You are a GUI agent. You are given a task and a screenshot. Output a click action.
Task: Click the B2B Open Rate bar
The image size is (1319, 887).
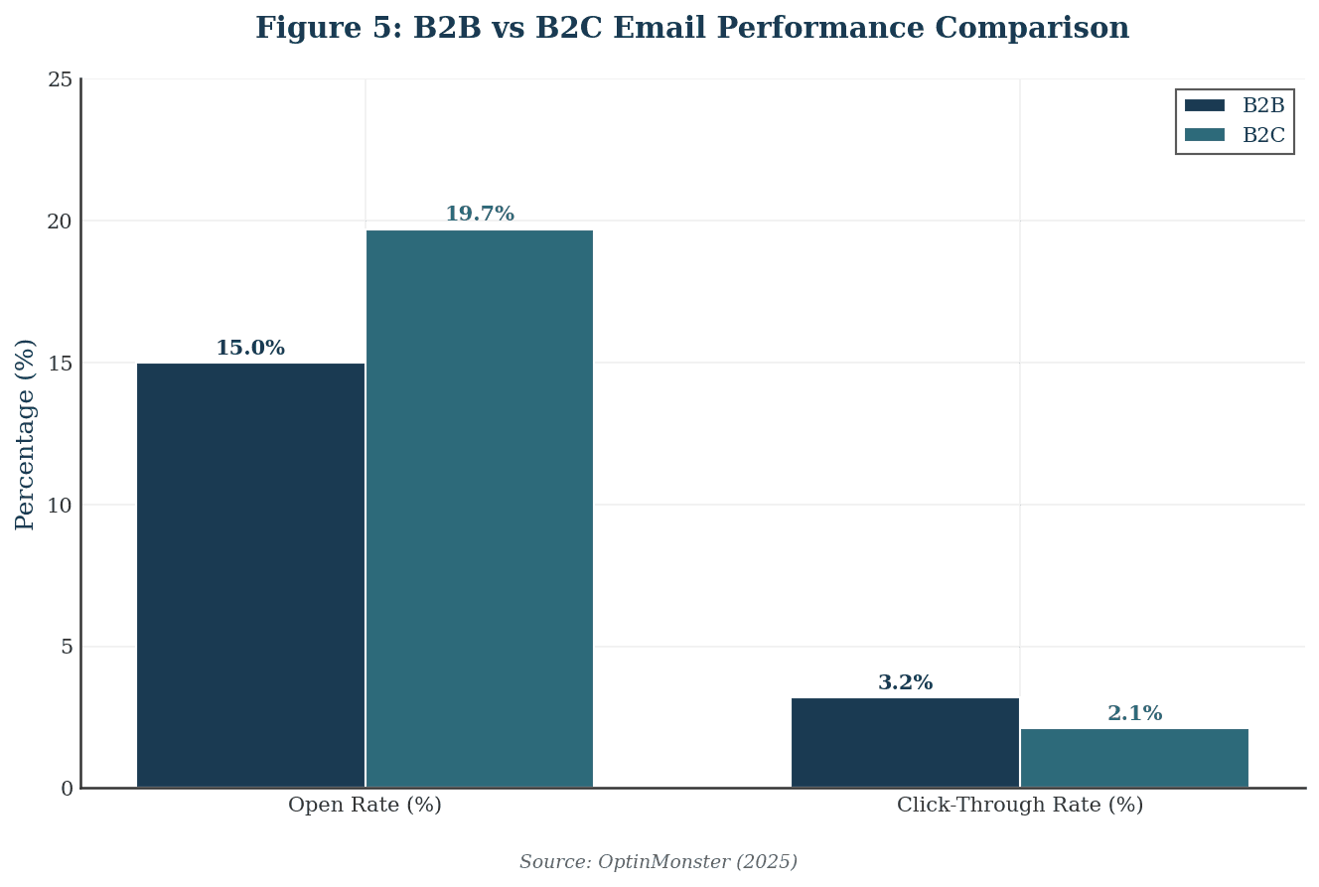click(x=250, y=575)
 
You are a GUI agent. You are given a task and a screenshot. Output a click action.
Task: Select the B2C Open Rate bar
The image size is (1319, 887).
click(x=480, y=509)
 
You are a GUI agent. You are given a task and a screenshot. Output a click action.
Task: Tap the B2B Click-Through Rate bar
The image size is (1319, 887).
click(x=905, y=743)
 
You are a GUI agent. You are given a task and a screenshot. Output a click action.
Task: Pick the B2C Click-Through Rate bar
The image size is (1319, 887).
click(x=1134, y=758)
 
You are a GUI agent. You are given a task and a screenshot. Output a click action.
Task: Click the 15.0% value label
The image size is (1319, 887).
click(x=250, y=349)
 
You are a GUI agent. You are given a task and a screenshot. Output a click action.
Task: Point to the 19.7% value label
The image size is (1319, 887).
click(x=480, y=215)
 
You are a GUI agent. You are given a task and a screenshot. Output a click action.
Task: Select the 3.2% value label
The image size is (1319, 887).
click(x=905, y=683)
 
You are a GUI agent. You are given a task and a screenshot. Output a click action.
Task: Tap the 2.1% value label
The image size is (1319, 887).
click(x=1134, y=714)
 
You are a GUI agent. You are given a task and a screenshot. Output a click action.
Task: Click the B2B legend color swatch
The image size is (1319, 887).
click(x=1204, y=106)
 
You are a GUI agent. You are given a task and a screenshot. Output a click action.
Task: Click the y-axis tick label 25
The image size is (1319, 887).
click(x=61, y=80)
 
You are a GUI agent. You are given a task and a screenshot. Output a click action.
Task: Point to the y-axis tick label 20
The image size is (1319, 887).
click(x=61, y=222)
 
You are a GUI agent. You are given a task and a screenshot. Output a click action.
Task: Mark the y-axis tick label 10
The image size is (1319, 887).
click(x=61, y=506)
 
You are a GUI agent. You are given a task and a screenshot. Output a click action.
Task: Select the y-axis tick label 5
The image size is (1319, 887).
click(x=67, y=648)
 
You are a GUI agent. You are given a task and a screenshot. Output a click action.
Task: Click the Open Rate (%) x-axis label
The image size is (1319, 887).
click(x=365, y=806)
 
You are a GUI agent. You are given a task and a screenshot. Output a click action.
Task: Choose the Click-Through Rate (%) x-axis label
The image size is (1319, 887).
click(x=1020, y=806)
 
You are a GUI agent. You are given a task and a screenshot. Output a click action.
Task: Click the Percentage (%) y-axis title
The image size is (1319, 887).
click(x=26, y=434)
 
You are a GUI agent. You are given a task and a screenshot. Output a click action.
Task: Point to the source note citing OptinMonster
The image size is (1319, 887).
click(x=658, y=862)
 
